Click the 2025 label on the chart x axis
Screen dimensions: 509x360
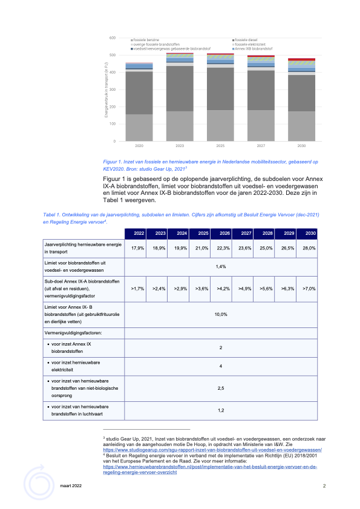click(x=219, y=146)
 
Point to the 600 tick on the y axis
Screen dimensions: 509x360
click(x=112, y=38)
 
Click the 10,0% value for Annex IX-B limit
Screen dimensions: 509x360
click(x=222, y=314)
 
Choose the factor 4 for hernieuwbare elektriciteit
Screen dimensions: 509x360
click(x=222, y=366)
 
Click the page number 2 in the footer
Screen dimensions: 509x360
click(x=324, y=486)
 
